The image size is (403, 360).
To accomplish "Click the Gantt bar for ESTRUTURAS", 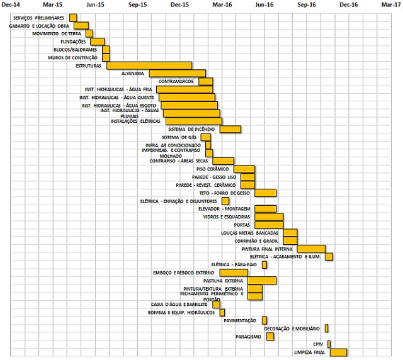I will click(149, 65).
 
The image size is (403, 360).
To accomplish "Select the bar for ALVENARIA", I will click(177, 73).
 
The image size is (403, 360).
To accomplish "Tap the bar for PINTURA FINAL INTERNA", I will click(311, 249).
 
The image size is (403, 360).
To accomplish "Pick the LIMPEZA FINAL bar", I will click(338, 352).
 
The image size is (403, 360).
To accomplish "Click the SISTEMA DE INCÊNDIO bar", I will click(230, 129).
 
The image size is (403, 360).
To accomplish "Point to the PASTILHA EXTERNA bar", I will click(261, 280).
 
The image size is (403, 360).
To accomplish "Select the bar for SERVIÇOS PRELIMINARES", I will click(73, 18).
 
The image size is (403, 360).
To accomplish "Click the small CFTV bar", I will click(327, 344).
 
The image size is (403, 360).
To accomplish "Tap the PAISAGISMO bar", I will click(270, 336).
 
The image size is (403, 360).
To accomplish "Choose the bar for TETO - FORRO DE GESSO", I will click(265, 193).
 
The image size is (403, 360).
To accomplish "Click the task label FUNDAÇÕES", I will click(73, 42).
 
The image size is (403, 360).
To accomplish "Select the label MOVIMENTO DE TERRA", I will click(57, 33).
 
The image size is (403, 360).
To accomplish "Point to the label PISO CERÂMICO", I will click(213, 169).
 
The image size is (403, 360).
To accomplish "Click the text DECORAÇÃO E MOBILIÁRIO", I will click(292, 329).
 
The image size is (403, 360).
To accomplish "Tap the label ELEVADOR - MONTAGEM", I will click(224, 208).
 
